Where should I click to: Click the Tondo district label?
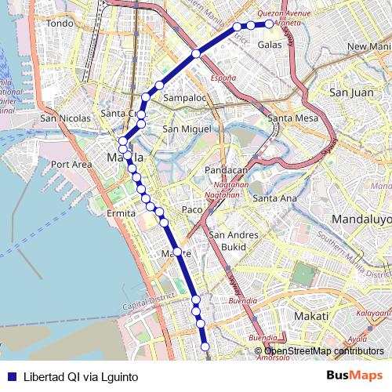pyautogui.click(x=60, y=24)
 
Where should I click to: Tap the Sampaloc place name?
pyautogui.click(x=185, y=98)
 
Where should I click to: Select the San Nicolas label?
pyautogui.click(x=66, y=118)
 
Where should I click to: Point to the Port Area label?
pyautogui.click(x=71, y=165)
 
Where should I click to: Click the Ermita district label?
pyautogui.click(x=122, y=213)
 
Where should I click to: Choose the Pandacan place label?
pyautogui.click(x=226, y=170)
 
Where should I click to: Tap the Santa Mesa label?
pyautogui.click(x=292, y=118)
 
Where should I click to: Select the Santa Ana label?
pyautogui.click(x=274, y=198)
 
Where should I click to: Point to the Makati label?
pyautogui.click(x=289, y=315)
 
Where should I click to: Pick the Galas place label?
pyautogui.click(x=270, y=45)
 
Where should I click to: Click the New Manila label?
pyautogui.click(x=368, y=47)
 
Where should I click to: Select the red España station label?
pyautogui.click(x=223, y=78)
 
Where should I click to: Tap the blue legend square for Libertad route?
pyautogui.click(x=10, y=376)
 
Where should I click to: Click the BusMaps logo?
pyautogui.click(x=354, y=376)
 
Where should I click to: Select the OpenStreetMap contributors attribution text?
pyautogui.click(x=325, y=351)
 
